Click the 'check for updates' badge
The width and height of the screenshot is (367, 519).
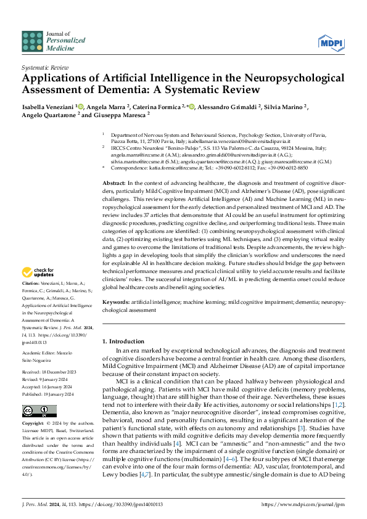38,272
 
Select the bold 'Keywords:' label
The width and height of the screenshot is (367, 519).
116,302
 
